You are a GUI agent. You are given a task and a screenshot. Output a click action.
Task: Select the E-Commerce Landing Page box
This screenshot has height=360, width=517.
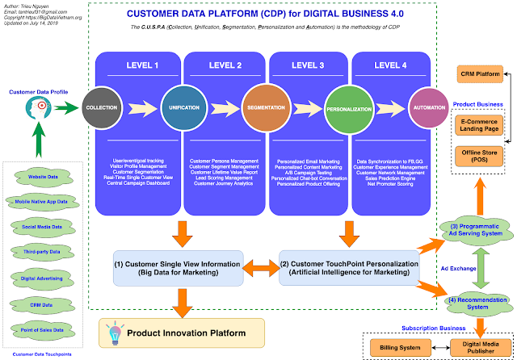(479, 125)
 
